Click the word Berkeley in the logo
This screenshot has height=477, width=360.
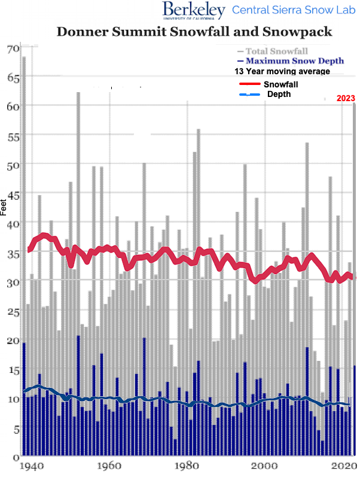193,9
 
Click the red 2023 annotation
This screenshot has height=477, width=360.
346,98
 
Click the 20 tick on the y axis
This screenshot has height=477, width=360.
13,341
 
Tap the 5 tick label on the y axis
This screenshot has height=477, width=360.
16,429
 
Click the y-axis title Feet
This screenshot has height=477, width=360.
4,207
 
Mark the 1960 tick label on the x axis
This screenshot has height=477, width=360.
108,466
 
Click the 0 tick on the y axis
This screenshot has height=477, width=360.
16,458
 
